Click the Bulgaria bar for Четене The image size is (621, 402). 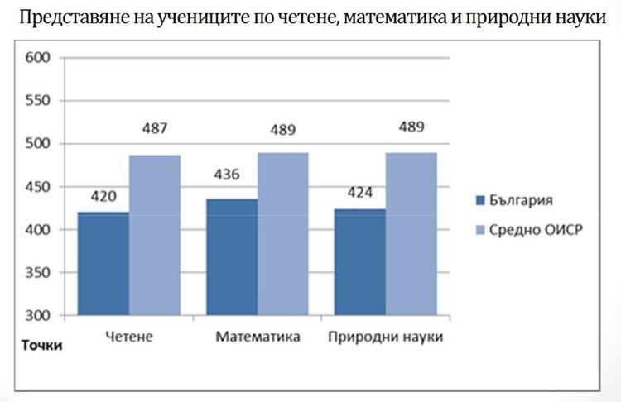coord(103,264)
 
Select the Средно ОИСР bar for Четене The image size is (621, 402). coord(155,236)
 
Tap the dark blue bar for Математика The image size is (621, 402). coord(232,257)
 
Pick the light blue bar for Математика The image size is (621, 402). coord(283,234)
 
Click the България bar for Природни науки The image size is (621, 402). coord(360,262)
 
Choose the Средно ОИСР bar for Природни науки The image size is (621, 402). coord(412,234)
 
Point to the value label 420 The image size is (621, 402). coord(103,197)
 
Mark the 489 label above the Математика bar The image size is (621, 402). coord(282,130)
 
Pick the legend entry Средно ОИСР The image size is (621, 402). coord(530,229)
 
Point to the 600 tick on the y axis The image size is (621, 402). coord(39,58)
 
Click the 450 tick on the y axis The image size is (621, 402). coord(39,187)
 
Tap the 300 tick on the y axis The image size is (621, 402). coord(39,316)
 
